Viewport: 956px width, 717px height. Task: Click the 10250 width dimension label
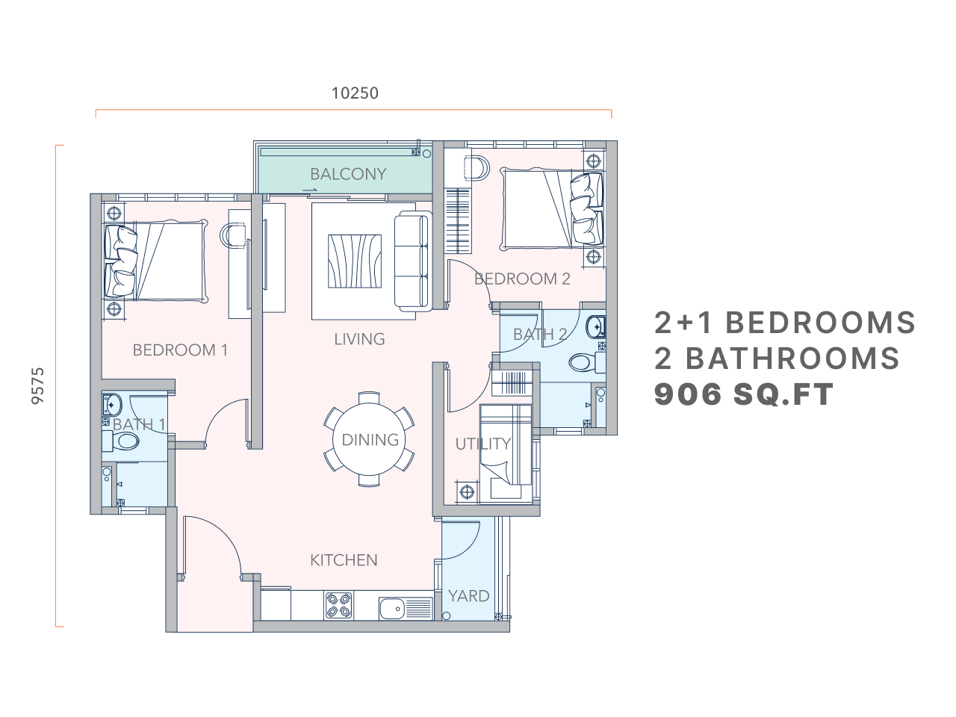pyautogui.click(x=355, y=93)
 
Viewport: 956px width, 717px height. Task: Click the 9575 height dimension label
pyautogui.click(x=38, y=385)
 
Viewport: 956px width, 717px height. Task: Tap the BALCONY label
pyautogui.click(x=348, y=174)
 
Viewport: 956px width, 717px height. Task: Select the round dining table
pyautogui.click(x=370, y=439)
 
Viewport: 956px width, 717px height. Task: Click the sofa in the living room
pyautogui.click(x=412, y=261)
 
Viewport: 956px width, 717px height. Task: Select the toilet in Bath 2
pyautogui.click(x=584, y=364)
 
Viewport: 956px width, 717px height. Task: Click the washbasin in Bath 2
pyautogui.click(x=595, y=327)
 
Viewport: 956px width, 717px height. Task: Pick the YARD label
pyautogui.click(x=468, y=596)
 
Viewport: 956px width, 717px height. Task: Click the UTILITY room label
pyautogui.click(x=482, y=444)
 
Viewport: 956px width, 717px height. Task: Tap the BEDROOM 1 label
pyautogui.click(x=180, y=350)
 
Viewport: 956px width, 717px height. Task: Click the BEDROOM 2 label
pyautogui.click(x=522, y=279)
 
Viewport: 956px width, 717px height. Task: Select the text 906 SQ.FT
pyautogui.click(x=743, y=394)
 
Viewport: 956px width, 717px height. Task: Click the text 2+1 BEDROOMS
pyautogui.click(x=785, y=323)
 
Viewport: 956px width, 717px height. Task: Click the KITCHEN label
pyautogui.click(x=344, y=560)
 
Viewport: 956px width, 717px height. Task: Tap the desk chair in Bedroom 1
pyautogui.click(x=233, y=235)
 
